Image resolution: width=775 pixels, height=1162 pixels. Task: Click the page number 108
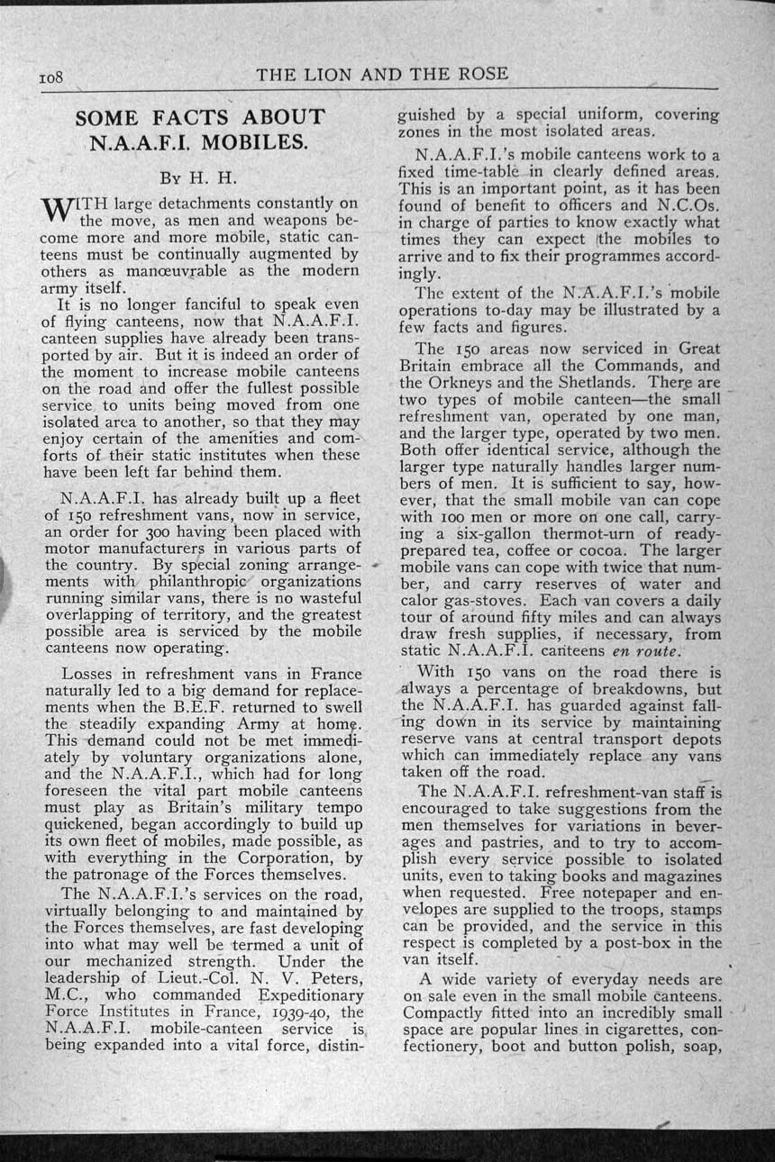click(50, 77)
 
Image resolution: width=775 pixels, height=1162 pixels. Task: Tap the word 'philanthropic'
click(200, 581)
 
